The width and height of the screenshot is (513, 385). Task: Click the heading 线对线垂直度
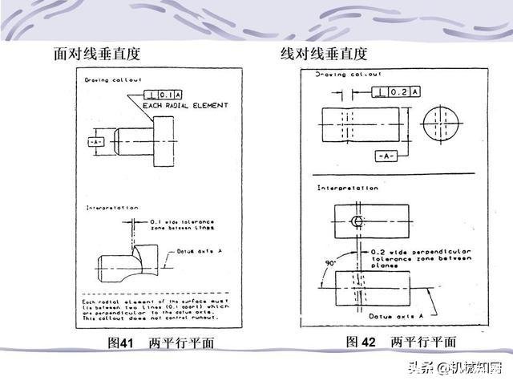coord(323,55)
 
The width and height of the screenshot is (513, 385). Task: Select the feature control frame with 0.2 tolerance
coord(395,92)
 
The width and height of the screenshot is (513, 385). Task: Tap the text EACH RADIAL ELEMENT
coord(185,105)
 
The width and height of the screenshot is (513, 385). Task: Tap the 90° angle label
coord(330,261)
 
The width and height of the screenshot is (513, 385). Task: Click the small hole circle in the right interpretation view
coord(357,221)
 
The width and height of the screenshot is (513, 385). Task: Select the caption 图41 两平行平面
coord(160,342)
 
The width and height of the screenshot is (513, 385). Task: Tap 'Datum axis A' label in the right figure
coord(393,318)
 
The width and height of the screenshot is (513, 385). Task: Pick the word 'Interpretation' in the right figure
coord(347,188)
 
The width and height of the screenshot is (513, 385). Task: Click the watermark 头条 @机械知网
coord(454,369)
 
